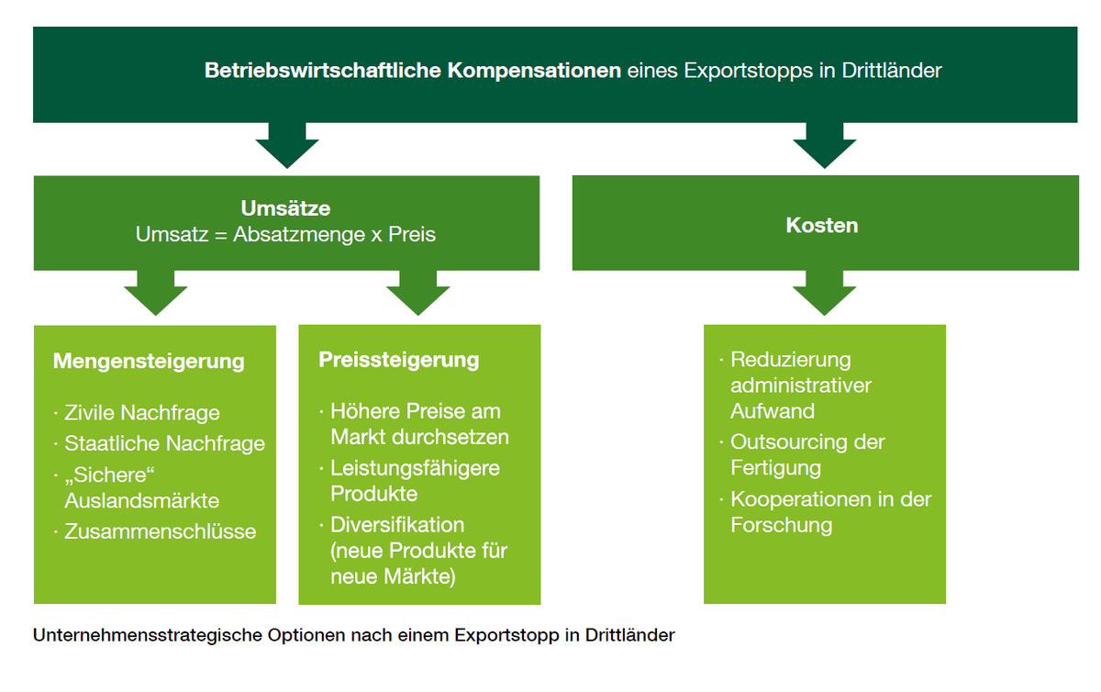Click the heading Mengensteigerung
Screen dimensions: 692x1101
tap(149, 361)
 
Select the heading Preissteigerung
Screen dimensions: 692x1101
tap(398, 359)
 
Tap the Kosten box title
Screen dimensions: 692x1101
tap(822, 225)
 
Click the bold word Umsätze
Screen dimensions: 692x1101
tap(285, 209)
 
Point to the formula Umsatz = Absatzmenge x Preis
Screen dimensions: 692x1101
tap(285, 234)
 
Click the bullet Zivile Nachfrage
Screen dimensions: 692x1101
tap(141, 413)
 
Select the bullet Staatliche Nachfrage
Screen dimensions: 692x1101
tap(164, 443)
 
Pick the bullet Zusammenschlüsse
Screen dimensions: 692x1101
tap(160, 531)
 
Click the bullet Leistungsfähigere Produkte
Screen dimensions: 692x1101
tap(415, 481)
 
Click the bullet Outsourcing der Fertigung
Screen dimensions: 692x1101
tap(807, 455)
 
